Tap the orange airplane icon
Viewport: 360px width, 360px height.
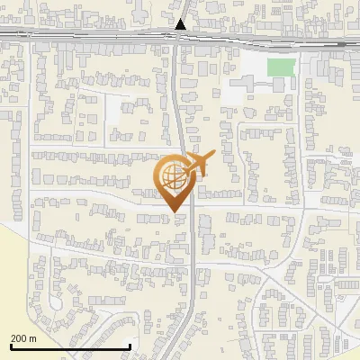(x=199, y=164)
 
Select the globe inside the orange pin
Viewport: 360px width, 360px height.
(x=172, y=175)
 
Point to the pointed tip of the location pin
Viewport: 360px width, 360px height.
(x=172, y=212)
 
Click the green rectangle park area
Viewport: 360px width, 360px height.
(x=281, y=67)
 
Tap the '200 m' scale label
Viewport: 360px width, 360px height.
(x=24, y=337)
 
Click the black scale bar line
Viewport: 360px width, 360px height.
(x=70, y=346)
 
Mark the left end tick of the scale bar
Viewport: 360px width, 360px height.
(x=10, y=346)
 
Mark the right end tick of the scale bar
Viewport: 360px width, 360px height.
(x=130, y=346)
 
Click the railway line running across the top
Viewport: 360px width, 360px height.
(x=90, y=36)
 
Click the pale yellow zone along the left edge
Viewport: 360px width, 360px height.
(x=11, y=270)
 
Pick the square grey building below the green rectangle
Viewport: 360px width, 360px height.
(x=279, y=84)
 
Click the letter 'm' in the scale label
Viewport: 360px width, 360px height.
(x=32, y=337)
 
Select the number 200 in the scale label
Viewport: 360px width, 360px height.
(x=19, y=337)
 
